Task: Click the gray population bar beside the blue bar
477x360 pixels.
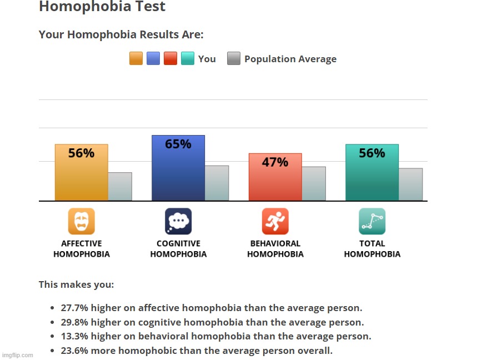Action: (x=217, y=183)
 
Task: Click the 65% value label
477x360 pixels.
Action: (x=178, y=144)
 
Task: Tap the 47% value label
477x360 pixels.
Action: (x=275, y=162)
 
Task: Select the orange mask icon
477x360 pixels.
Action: (x=82, y=221)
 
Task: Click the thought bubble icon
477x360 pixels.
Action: (x=178, y=221)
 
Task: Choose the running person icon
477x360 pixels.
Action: (x=275, y=221)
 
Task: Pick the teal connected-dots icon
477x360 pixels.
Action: (x=372, y=221)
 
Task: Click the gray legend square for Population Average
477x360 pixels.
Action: (x=234, y=58)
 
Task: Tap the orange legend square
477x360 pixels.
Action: (x=136, y=58)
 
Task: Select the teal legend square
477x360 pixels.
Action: (x=188, y=58)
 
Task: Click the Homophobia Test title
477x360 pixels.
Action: (x=102, y=7)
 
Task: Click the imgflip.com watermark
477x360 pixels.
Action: (x=18, y=355)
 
